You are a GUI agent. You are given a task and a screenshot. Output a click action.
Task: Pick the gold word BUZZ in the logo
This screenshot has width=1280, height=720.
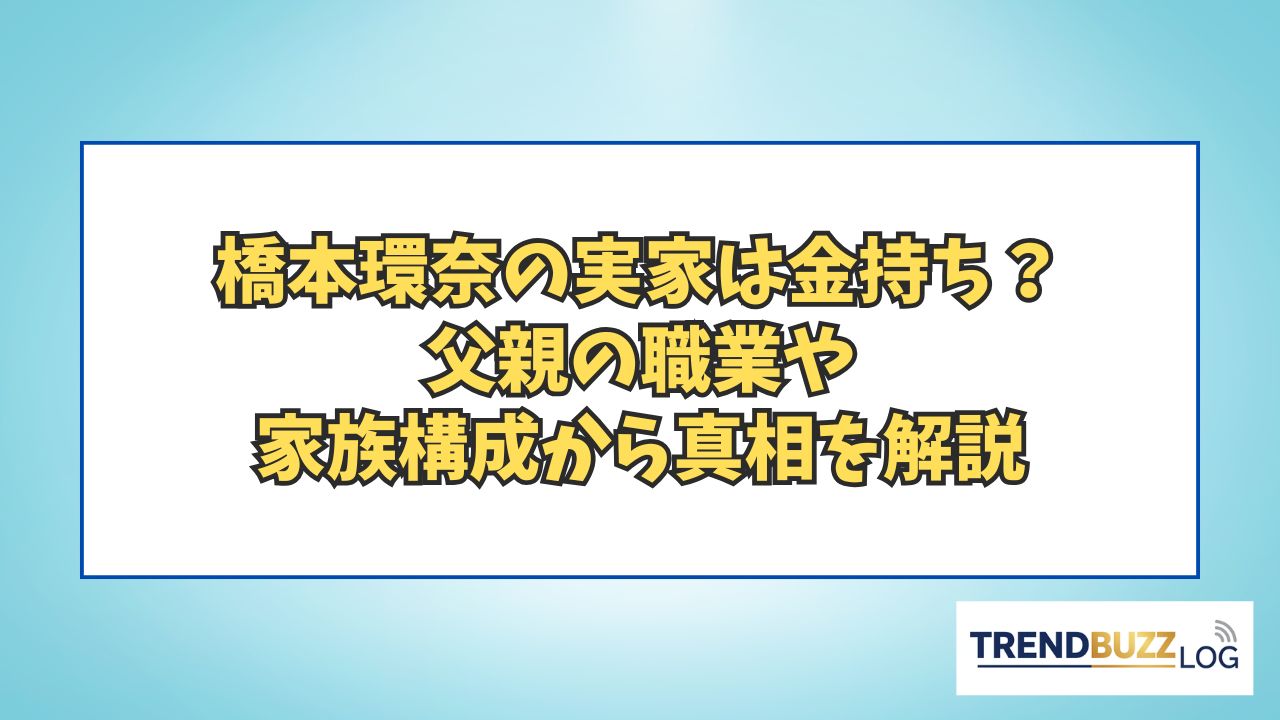[x=1133, y=646]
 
